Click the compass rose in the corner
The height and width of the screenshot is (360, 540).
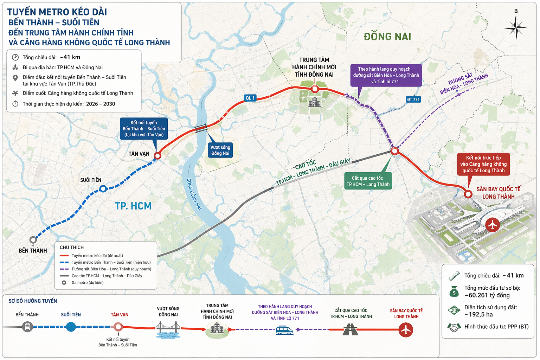pos(516,27)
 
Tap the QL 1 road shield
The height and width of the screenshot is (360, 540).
pos(250,98)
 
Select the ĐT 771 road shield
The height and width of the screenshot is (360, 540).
pos(413,99)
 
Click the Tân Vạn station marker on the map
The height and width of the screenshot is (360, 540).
pos(157,155)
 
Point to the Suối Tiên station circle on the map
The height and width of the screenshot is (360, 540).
pos(103,188)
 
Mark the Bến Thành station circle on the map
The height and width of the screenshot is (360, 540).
pos(33,240)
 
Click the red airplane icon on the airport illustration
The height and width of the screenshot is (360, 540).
pos(492,225)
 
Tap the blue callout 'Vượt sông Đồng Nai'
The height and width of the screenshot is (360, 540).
pos(220,150)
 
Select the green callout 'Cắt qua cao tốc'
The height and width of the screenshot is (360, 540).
pos(368,181)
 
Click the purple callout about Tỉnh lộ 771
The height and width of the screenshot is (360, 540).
pos(386,75)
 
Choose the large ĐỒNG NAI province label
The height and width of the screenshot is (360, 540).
pos(387,37)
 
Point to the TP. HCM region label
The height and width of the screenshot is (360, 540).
pos(133,206)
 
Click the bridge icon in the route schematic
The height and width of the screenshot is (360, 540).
pos(168,330)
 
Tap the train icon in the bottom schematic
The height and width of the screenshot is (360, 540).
pos(285,330)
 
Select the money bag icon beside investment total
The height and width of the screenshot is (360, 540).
pos(454,291)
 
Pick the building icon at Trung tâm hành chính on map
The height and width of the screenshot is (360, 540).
pos(315,102)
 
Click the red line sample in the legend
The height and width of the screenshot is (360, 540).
pos(64,256)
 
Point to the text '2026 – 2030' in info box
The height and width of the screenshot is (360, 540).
pos(101,104)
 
